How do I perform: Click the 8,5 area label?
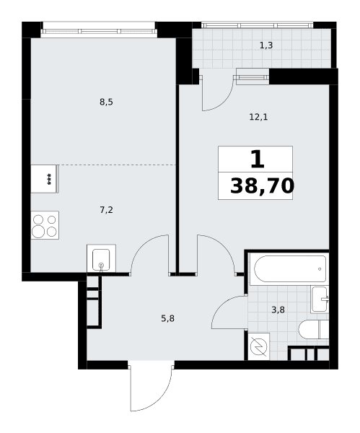click(106, 102)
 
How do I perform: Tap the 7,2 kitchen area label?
click(106, 211)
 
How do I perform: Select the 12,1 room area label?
click(258, 118)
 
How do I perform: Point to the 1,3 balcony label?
click(266, 45)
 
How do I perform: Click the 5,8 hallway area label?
click(167, 319)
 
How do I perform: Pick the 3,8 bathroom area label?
click(278, 310)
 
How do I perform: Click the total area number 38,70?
click(262, 186)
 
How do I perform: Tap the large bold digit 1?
click(258, 159)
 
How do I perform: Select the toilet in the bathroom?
click(314, 330)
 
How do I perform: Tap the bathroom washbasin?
click(320, 299)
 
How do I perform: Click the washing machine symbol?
click(259, 346)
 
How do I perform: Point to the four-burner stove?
click(45, 225)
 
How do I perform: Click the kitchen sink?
click(101, 258)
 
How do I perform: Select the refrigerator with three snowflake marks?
click(45, 179)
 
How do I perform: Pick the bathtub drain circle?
click(320, 269)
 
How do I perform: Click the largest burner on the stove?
click(38, 231)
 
